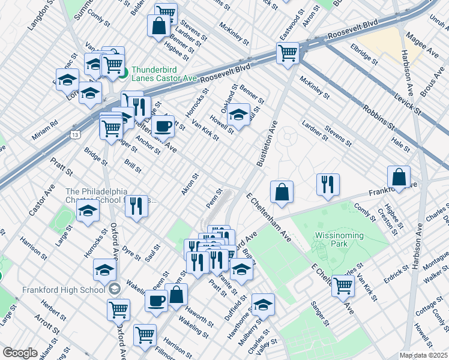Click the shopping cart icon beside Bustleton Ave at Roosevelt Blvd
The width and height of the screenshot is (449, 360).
288,53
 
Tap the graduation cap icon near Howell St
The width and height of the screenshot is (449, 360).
239,115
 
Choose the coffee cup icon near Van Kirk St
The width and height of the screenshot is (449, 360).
163,126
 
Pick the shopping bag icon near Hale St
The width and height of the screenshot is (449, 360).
399,177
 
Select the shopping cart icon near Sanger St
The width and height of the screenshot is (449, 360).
343,286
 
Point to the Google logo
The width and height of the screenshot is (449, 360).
20,352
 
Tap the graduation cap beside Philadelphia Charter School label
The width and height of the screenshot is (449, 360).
88,211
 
